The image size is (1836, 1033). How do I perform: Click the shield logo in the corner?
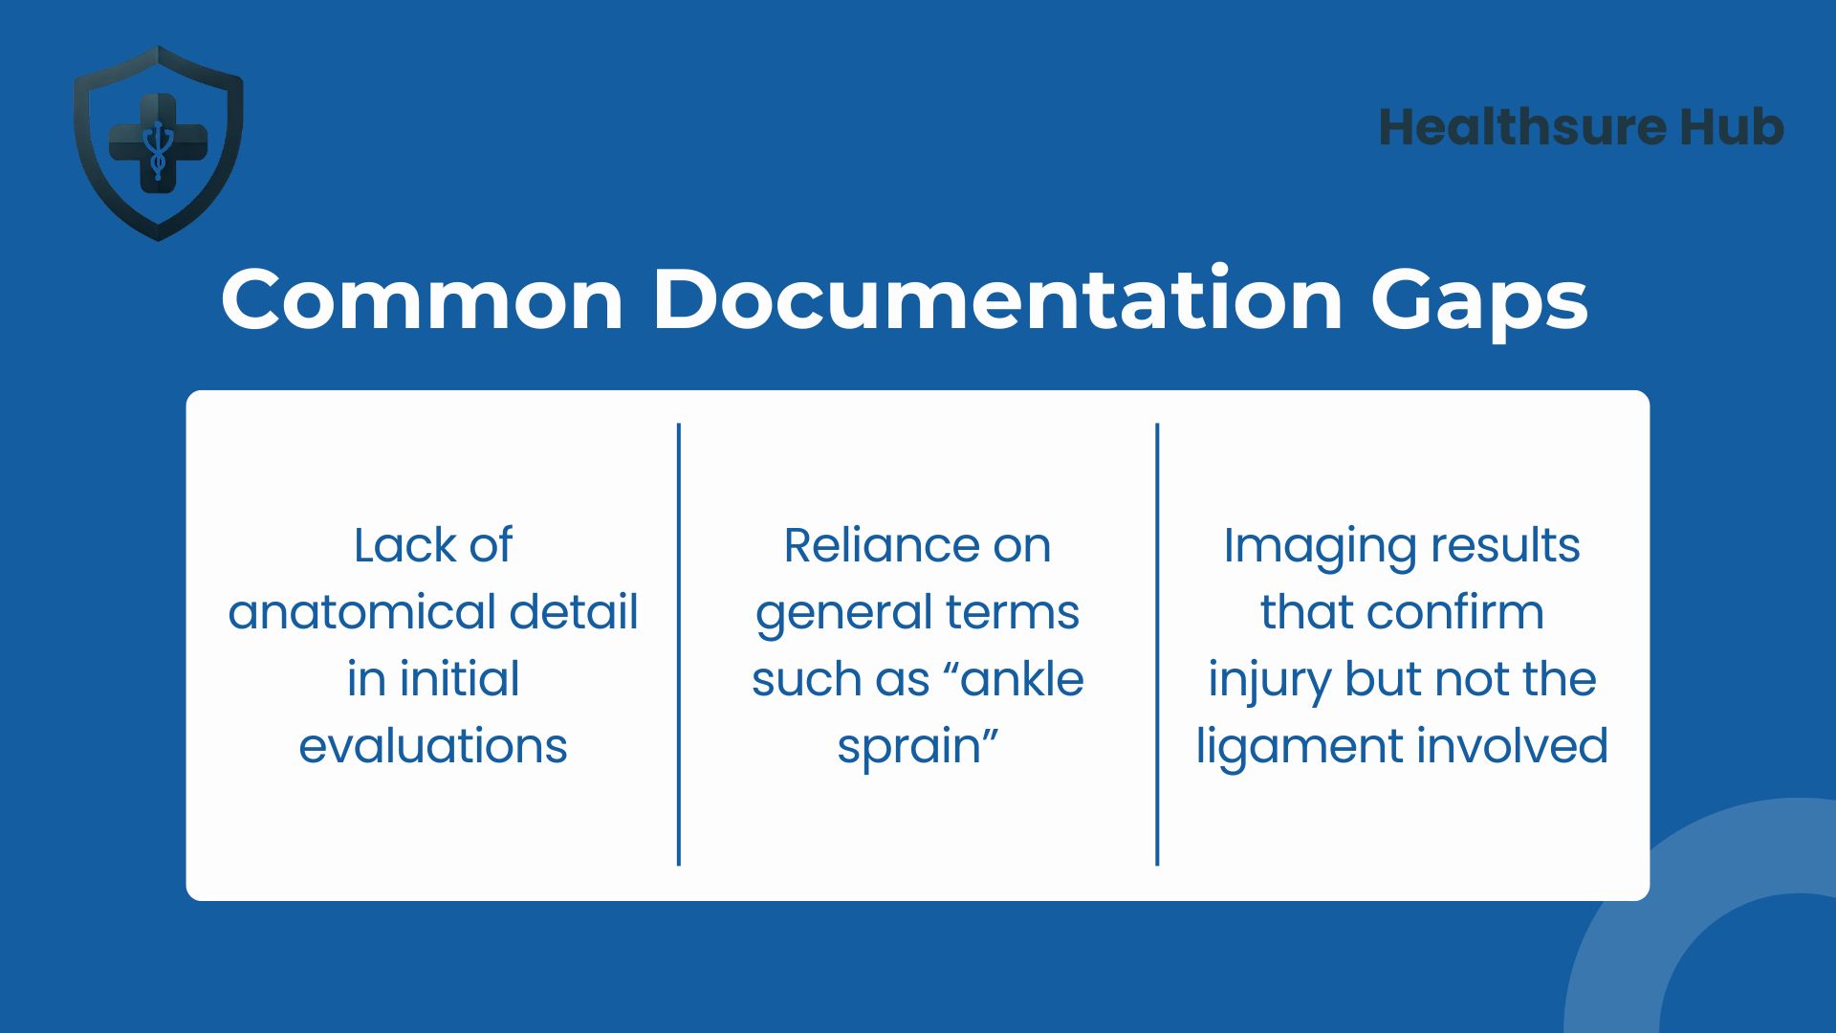coord(159,143)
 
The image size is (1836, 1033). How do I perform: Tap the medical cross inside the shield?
coord(159,143)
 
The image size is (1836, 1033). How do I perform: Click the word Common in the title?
coord(423,299)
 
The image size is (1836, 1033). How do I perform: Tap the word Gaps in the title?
coord(1479,304)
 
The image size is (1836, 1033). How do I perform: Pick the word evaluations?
coord(433,746)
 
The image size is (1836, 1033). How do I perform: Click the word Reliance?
coord(881,545)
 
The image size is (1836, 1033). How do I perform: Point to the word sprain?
coord(909,749)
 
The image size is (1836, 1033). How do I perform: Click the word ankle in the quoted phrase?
coord(1023,679)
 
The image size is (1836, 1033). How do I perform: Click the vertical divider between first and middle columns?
coord(679,645)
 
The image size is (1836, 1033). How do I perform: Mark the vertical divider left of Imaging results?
coord(1157,645)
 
